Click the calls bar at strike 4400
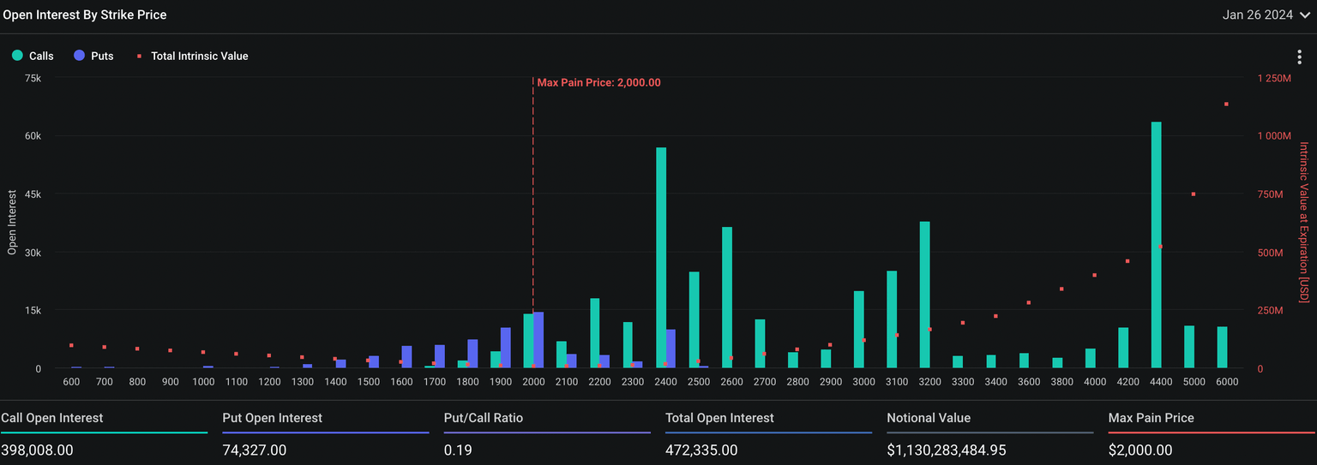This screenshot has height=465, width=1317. point(1156,245)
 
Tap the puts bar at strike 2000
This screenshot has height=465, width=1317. point(538,340)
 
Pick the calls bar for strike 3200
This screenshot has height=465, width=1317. point(924,295)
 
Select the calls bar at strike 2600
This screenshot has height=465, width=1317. point(727,297)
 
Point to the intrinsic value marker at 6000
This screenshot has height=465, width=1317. point(1226,104)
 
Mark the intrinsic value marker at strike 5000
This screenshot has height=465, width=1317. point(1193,194)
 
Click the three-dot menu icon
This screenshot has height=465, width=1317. point(1300,57)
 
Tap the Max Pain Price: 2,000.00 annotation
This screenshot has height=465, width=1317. point(598,83)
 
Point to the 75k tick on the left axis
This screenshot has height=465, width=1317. point(33,78)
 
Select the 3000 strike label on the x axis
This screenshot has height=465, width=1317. point(864,382)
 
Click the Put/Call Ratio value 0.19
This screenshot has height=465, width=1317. point(458,450)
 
